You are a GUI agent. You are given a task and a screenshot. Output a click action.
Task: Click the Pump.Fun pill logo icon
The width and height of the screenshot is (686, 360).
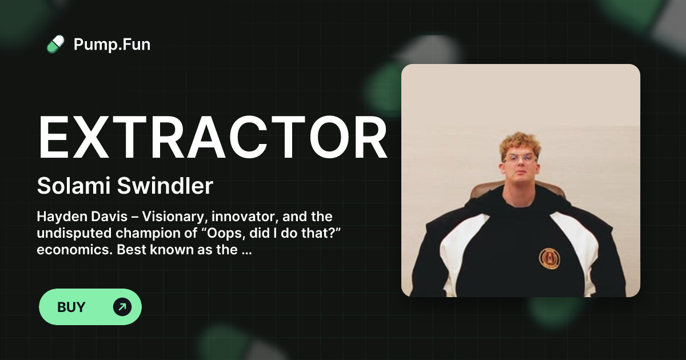click(x=55, y=44)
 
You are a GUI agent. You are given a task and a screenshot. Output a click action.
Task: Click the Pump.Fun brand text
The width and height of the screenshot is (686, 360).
click(x=112, y=44)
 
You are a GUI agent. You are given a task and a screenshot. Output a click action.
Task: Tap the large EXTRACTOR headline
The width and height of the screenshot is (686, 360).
click(x=212, y=139)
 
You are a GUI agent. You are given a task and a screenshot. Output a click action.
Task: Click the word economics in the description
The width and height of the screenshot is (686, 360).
click(x=65, y=250)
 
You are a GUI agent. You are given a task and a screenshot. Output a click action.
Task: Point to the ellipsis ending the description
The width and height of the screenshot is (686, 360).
click(x=246, y=251)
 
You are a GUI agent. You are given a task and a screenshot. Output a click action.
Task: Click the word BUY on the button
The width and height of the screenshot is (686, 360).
click(x=71, y=307)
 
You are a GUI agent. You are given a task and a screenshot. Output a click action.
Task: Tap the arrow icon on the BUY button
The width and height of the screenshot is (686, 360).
click(x=122, y=307)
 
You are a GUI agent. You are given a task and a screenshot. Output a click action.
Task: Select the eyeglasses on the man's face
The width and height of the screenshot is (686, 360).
click(x=520, y=158)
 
